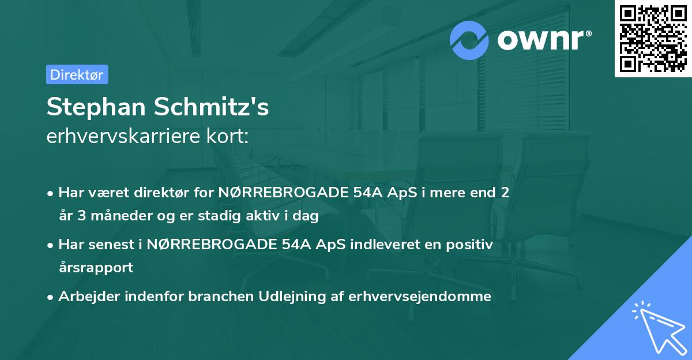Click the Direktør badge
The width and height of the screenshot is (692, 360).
coord(77,74)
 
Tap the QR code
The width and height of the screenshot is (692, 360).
coord(653,39)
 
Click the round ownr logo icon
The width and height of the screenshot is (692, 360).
coord(469,40)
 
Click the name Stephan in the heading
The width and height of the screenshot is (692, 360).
coord(92,107)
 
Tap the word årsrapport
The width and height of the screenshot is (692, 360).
coord(96,268)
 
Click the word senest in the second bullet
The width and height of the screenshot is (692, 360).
coord(114,245)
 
